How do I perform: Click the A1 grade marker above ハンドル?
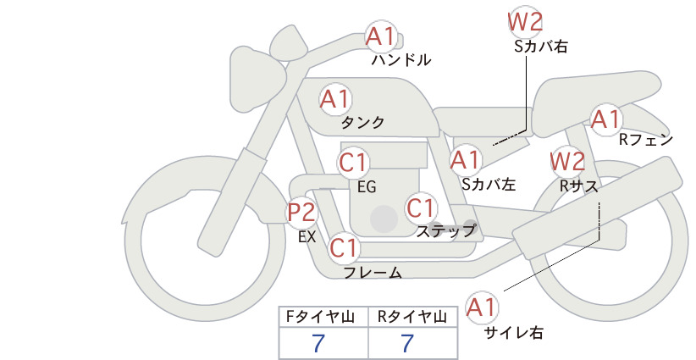[x=381, y=36]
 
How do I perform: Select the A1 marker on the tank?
[x=335, y=99]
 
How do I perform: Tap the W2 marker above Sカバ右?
[x=525, y=22]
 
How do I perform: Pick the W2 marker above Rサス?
[x=567, y=162]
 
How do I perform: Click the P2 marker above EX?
[x=301, y=212]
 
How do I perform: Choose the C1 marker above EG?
[x=353, y=163]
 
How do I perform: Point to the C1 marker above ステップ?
[x=421, y=208]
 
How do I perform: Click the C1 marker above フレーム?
[x=344, y=247]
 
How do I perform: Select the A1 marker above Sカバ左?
[x=466, y=160]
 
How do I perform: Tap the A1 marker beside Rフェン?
[x=606, y=119]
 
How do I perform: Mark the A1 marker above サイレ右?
[x=482, y=307]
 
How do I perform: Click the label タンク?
[x=362, y=122]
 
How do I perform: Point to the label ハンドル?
[x=401, y=59]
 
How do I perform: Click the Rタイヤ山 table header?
[x=412, y=317]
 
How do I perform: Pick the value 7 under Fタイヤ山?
[x=318, y=343]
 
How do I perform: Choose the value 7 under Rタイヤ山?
[x=407, y=343]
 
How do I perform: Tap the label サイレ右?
[x=514, y=333]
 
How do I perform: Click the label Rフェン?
[x=646, y=140]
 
